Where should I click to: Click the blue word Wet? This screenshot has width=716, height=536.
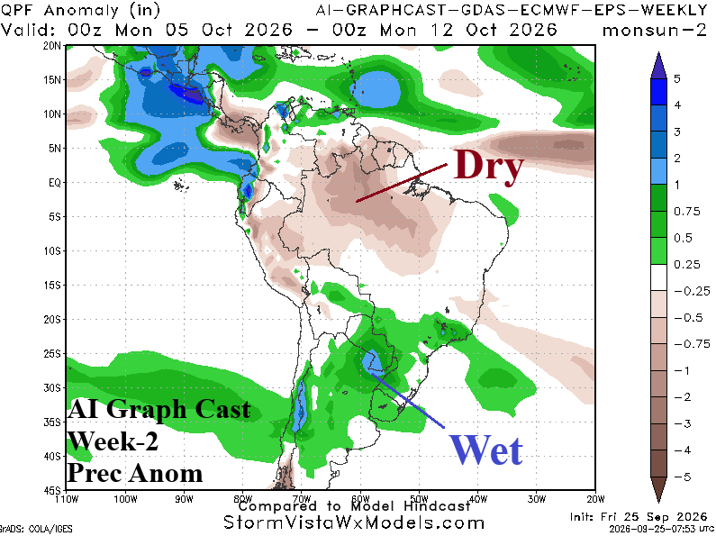point(485,450)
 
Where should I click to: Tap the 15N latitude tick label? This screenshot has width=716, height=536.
point(52,80)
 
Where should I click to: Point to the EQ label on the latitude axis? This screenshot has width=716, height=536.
point(55,183)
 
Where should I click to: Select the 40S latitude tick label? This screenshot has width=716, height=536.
point(52,456)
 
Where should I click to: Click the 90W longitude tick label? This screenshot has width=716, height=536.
point(184,499)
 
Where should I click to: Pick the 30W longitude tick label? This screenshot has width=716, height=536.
point(537,499)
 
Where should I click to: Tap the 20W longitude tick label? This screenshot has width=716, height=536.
point(595,499)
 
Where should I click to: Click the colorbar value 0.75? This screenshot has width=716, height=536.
point(687,212)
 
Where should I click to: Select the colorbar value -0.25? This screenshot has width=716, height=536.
point(692,291)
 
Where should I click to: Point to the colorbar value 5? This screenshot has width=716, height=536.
point(677,78)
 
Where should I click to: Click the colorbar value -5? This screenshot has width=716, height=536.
point(683,477)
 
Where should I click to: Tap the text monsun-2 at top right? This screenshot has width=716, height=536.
point(655,31)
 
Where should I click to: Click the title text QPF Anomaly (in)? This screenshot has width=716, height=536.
point(80,10)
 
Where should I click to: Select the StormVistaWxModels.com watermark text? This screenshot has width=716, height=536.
point(354,522)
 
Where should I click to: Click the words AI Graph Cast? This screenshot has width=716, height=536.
point(159,409)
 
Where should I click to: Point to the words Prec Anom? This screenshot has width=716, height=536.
point(135,473)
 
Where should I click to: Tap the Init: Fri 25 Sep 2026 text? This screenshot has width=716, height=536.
point(639,516)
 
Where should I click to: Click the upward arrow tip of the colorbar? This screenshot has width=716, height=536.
point(658,52)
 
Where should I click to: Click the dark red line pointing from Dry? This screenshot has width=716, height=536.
point(402,183)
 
